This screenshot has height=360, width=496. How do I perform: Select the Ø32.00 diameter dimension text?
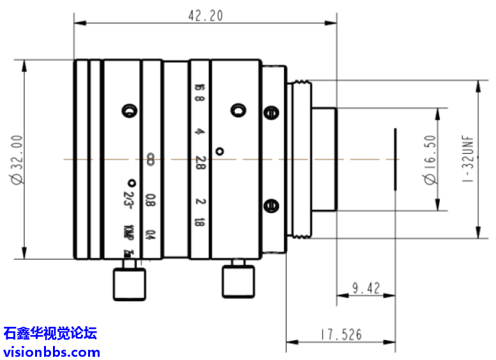coord(16,159)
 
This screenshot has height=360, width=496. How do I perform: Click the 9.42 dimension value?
coord(366,289)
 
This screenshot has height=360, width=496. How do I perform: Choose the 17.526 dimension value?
coord(341,334)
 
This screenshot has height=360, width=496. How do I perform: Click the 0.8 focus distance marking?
coord(150,200)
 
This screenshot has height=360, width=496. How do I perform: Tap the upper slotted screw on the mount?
coord(271,113)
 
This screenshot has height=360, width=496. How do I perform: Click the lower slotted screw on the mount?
coord(271,205)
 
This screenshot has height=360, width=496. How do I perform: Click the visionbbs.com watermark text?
coord(52,352)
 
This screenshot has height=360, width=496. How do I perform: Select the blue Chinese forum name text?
coord(50,333)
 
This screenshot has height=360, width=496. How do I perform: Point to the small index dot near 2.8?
coord(220,151)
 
